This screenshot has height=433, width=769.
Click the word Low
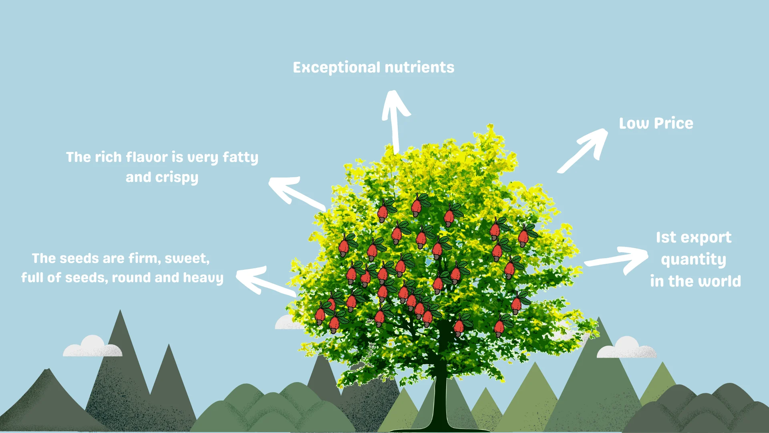pyautogui.click(x=634, y=123)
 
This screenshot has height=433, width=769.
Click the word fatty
pyautogui.click(x=240, y=157)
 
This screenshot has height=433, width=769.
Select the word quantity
pyautogui.click(x=693, y=260)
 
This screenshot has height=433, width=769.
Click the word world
pyautogui.click(x=720, y=281)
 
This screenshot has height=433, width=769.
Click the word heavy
pyautogui.click(x=203, y=278)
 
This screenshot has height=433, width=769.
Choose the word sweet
pyautogui.click(x=187, y=259)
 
